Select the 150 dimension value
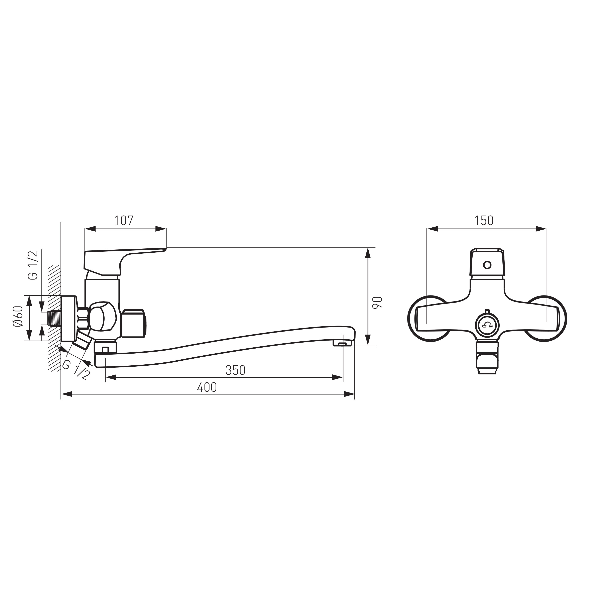[484, 221]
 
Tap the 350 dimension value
[235, 370]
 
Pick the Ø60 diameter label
[18, 316]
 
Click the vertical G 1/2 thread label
[33, 265]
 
